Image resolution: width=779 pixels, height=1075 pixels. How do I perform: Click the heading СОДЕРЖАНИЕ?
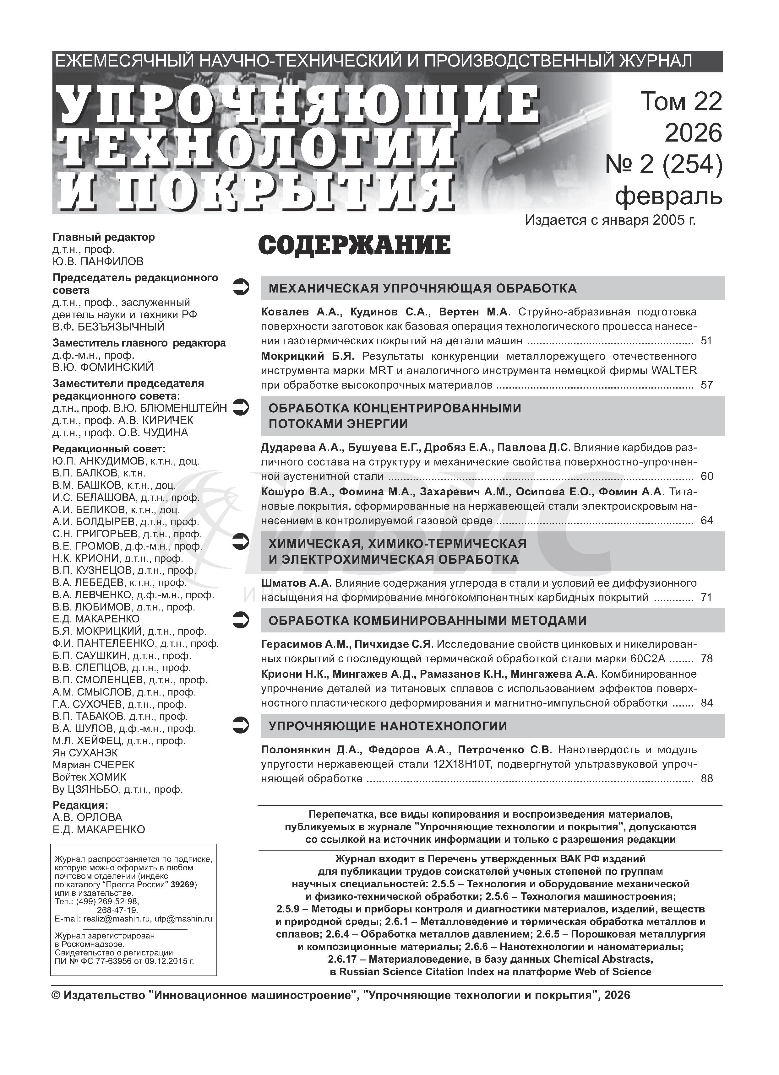point(354,245)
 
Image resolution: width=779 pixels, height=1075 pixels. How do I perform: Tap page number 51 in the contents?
point(706,340)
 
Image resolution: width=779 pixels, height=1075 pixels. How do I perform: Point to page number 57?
point(706,384)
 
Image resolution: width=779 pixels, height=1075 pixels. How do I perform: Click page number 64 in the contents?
point(706,520)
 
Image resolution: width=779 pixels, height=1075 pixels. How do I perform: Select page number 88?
point(706,778)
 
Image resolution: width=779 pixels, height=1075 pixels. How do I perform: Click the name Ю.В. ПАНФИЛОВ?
point(98,262)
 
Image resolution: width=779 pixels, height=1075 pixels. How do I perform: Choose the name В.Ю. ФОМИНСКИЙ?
point(103,367)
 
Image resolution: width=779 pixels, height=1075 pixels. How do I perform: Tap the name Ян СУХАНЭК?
point(85,753)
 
